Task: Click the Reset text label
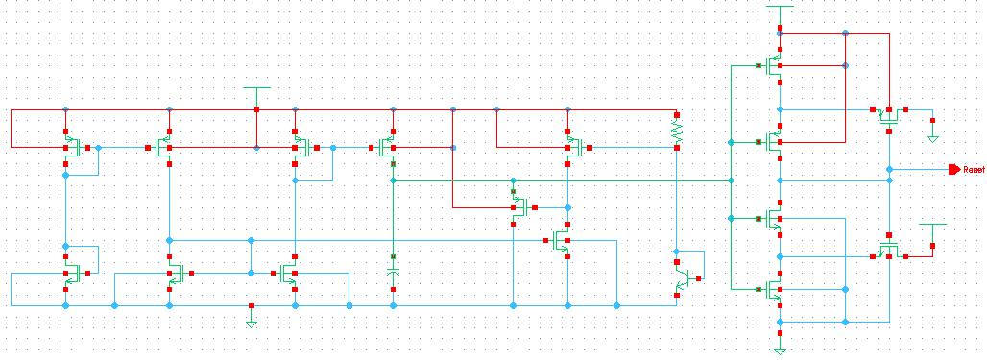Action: [975, 170]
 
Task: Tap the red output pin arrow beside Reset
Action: [954, 170]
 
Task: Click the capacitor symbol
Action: [393, 273]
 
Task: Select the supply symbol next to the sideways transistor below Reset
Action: [932, 226]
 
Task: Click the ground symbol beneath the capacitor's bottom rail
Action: [251, 323]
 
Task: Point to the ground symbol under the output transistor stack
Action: [780, 350]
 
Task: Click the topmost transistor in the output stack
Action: [774, 65]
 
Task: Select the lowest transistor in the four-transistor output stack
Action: [774, 289]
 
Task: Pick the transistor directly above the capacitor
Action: [387, 148]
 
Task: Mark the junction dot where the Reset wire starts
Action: [889, 170]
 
